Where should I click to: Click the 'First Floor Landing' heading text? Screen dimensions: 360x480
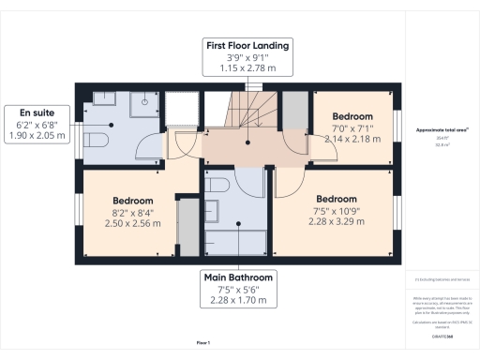[248, 45]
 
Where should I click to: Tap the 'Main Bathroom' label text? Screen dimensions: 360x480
[239, 277]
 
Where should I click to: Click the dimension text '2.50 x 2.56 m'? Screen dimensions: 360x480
[132, 224]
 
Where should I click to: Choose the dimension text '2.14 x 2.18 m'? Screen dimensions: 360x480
[351, 139]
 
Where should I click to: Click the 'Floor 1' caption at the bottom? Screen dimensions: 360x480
[202, 343]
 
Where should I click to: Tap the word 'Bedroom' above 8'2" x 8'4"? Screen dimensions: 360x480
[132, 201]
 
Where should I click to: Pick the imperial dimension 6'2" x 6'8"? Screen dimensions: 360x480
[35, 123]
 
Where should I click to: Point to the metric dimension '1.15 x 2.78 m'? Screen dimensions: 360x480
[248, 69]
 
